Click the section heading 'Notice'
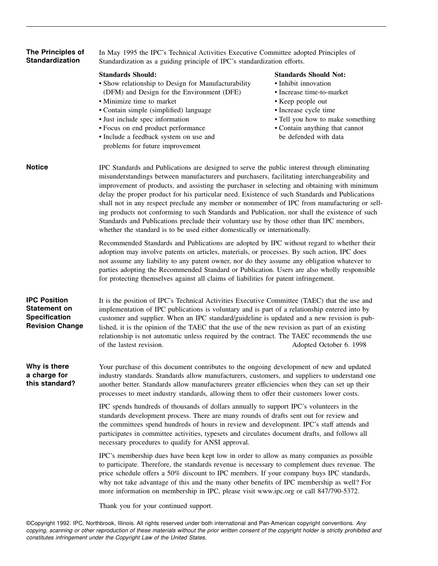(x=37, y=167)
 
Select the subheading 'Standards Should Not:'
(x=310, y=75)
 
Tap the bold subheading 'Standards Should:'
(x=128, y=75)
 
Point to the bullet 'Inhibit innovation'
(x=304, y=83)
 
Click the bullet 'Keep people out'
(x=302, y=101)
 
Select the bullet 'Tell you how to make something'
(x=327, y=119)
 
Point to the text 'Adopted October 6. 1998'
(x=329, y=345)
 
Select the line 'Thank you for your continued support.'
(x=156, y=506)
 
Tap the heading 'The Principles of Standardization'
(x=55, y=57)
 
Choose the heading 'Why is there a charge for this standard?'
(x=50, y=375)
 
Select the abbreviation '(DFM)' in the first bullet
(x=113, y=92)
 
